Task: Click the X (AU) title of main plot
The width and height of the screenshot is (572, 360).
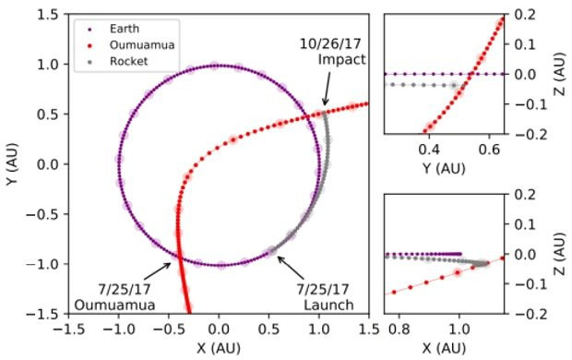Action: point(218,348)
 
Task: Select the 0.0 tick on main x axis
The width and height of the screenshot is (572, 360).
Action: point(218,329)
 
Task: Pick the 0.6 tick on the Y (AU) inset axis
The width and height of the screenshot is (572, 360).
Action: point(499,147)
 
